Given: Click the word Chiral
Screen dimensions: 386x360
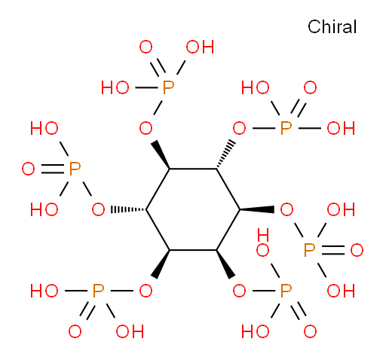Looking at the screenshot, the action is tap(332, 26).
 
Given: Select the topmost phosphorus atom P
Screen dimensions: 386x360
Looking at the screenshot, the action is tap(168, 87).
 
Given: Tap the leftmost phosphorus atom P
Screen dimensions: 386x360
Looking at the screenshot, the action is tap(75, 169).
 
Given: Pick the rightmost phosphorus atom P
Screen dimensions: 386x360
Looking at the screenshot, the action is tap(309, 250).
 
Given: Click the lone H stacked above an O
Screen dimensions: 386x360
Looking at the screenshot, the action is tap(263, 235).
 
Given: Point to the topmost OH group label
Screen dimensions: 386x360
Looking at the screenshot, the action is tap(200, 47).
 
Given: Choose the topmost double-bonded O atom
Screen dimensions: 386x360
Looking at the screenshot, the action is tap(146, 47).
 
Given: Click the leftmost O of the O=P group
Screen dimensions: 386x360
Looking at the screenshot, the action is tap(28, 169).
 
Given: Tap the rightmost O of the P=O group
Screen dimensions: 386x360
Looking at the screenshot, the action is tap(357, 250).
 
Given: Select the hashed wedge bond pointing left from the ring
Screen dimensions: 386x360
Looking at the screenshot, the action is tap(129, 209).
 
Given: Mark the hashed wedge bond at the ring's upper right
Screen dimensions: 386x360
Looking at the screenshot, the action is tap(225, 154).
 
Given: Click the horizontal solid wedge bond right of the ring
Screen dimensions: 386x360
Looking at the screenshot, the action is tap(257, 209).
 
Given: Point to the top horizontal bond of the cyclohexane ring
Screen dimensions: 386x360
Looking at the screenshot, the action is tap(193, 169).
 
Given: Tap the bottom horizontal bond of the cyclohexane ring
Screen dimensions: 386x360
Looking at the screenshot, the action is tap(193, 250).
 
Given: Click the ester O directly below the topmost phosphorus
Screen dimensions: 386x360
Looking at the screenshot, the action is tap(146, 128).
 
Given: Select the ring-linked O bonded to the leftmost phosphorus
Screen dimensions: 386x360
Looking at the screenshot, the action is tap(98, 209).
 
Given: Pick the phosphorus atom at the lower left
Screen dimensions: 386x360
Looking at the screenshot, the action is tap(98, 291).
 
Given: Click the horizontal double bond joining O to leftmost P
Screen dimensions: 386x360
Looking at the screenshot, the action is tap(53, 169).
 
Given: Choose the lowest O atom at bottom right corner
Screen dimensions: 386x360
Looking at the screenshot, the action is tap(310, 331).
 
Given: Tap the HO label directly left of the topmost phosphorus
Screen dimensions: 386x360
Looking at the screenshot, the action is tap(115, 87).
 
